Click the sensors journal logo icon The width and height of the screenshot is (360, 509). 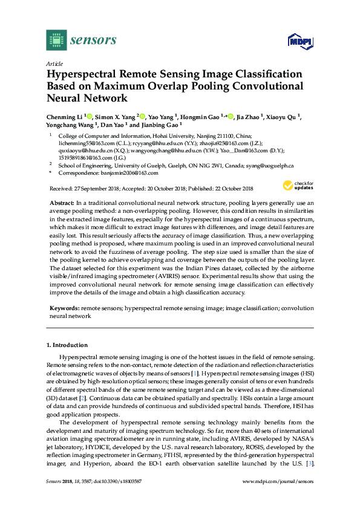pos(56,40)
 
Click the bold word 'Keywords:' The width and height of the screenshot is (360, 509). pos(65,308)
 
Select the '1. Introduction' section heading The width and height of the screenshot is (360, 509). pos(68,345)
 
